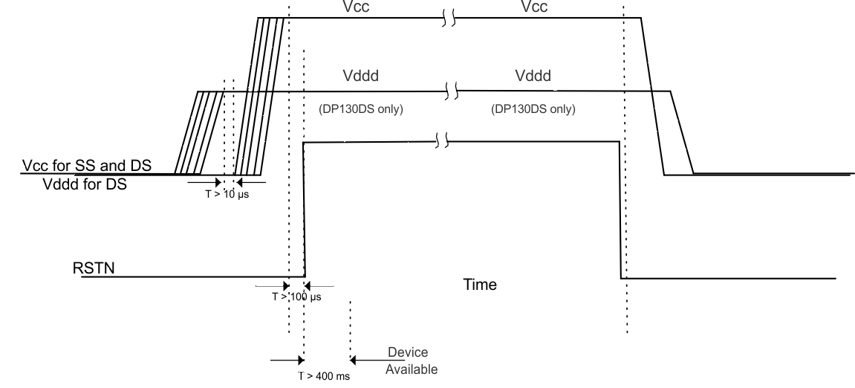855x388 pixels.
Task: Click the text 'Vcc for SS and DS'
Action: point(86,166)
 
